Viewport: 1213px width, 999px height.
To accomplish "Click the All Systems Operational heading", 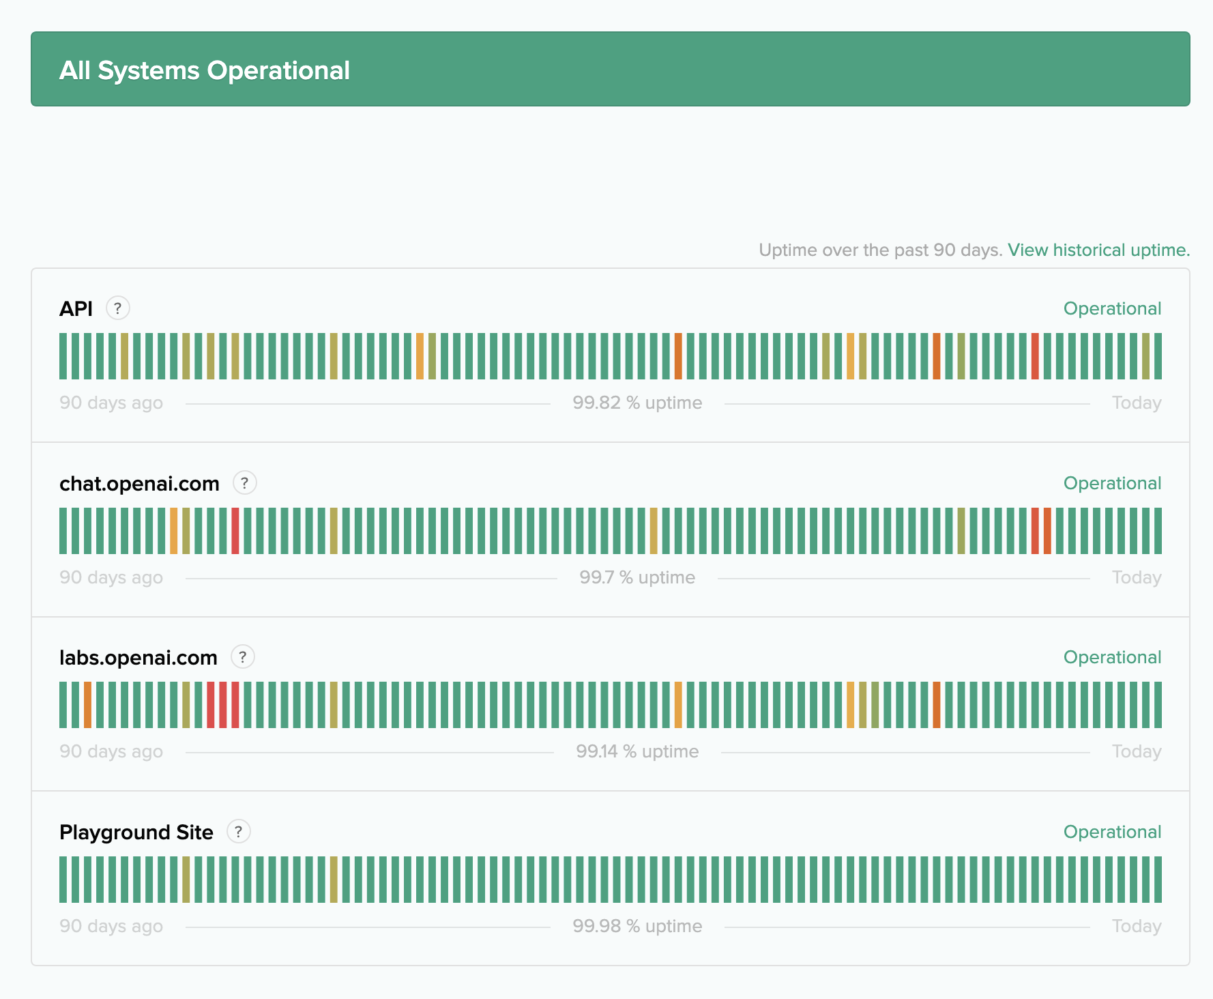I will pyautogui.click(x=205, y=70).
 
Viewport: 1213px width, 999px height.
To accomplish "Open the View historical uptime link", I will pyautogui.click(x=1098, y=250).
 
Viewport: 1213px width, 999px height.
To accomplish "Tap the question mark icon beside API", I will pyautogui.click(x=118, y=308).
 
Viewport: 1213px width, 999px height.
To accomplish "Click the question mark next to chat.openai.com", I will pyautogui.click(x=245, y=483).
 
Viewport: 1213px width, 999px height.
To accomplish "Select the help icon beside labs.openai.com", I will pyautogui.click(x=243, y=657).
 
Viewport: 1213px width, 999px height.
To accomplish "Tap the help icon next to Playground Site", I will pyautogui.click(x=239, y=832).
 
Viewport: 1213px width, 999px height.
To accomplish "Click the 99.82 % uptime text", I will pyautogui.click(x=637, y=403).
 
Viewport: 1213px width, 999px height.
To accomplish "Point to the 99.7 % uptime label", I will pyautogui.click(x=637, y=577).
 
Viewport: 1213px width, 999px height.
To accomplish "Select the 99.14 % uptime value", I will pyautogui.click(x=637, y=751).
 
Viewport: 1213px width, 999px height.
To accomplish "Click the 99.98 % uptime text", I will pyautogui.click(x=637, y=926).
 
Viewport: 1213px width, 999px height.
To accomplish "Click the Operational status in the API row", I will pyautogui.click(x=1112, y=308).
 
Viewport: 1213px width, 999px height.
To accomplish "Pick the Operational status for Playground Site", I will pyautogui.click(x=1112, y=832).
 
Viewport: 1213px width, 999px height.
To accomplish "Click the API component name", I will pyautogui.click(x=76, y=308).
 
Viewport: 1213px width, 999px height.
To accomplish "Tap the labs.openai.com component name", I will pyautogui.click(x=138, y=657).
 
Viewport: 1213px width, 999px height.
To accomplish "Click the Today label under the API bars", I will pyautogui.click(x=1136, y=403).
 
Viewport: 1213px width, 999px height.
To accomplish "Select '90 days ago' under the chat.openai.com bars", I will pyautogui.click(x=111, y=577).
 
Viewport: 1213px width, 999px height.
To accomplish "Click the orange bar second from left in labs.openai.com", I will pyautogui.click(x=88, y=705).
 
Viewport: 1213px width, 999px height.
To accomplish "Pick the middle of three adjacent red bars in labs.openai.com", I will pyautogui.click(x=223, y=705).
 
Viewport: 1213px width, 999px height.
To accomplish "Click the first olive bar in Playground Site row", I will pyautogui.click(x=186, y=880).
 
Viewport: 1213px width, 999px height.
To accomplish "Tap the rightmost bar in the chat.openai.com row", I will pyautogui.click(x=1158, y=531).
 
